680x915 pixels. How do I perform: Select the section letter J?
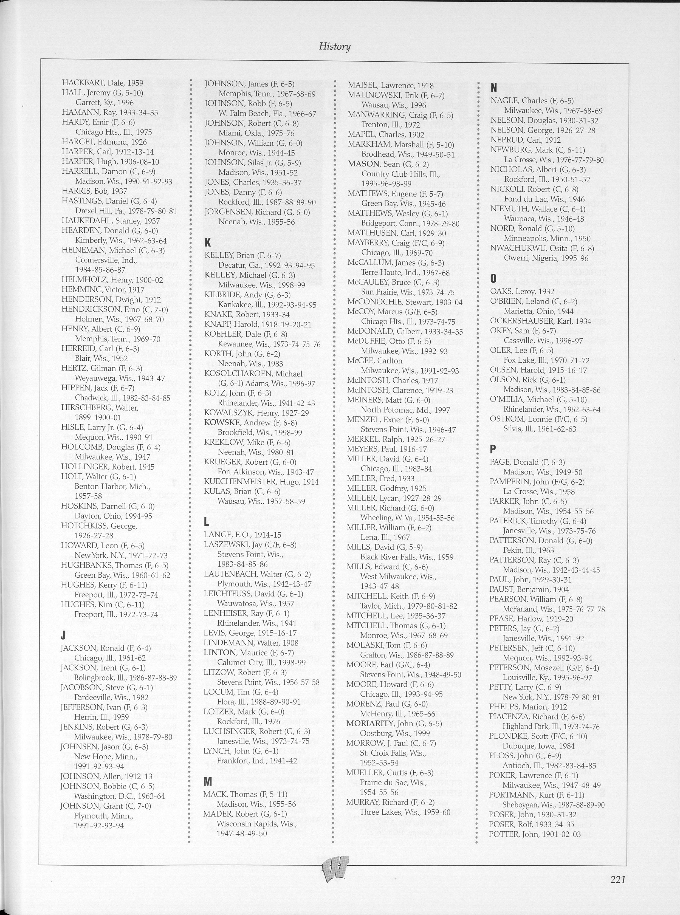coord(63,635)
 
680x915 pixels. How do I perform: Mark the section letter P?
coord(492,449)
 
